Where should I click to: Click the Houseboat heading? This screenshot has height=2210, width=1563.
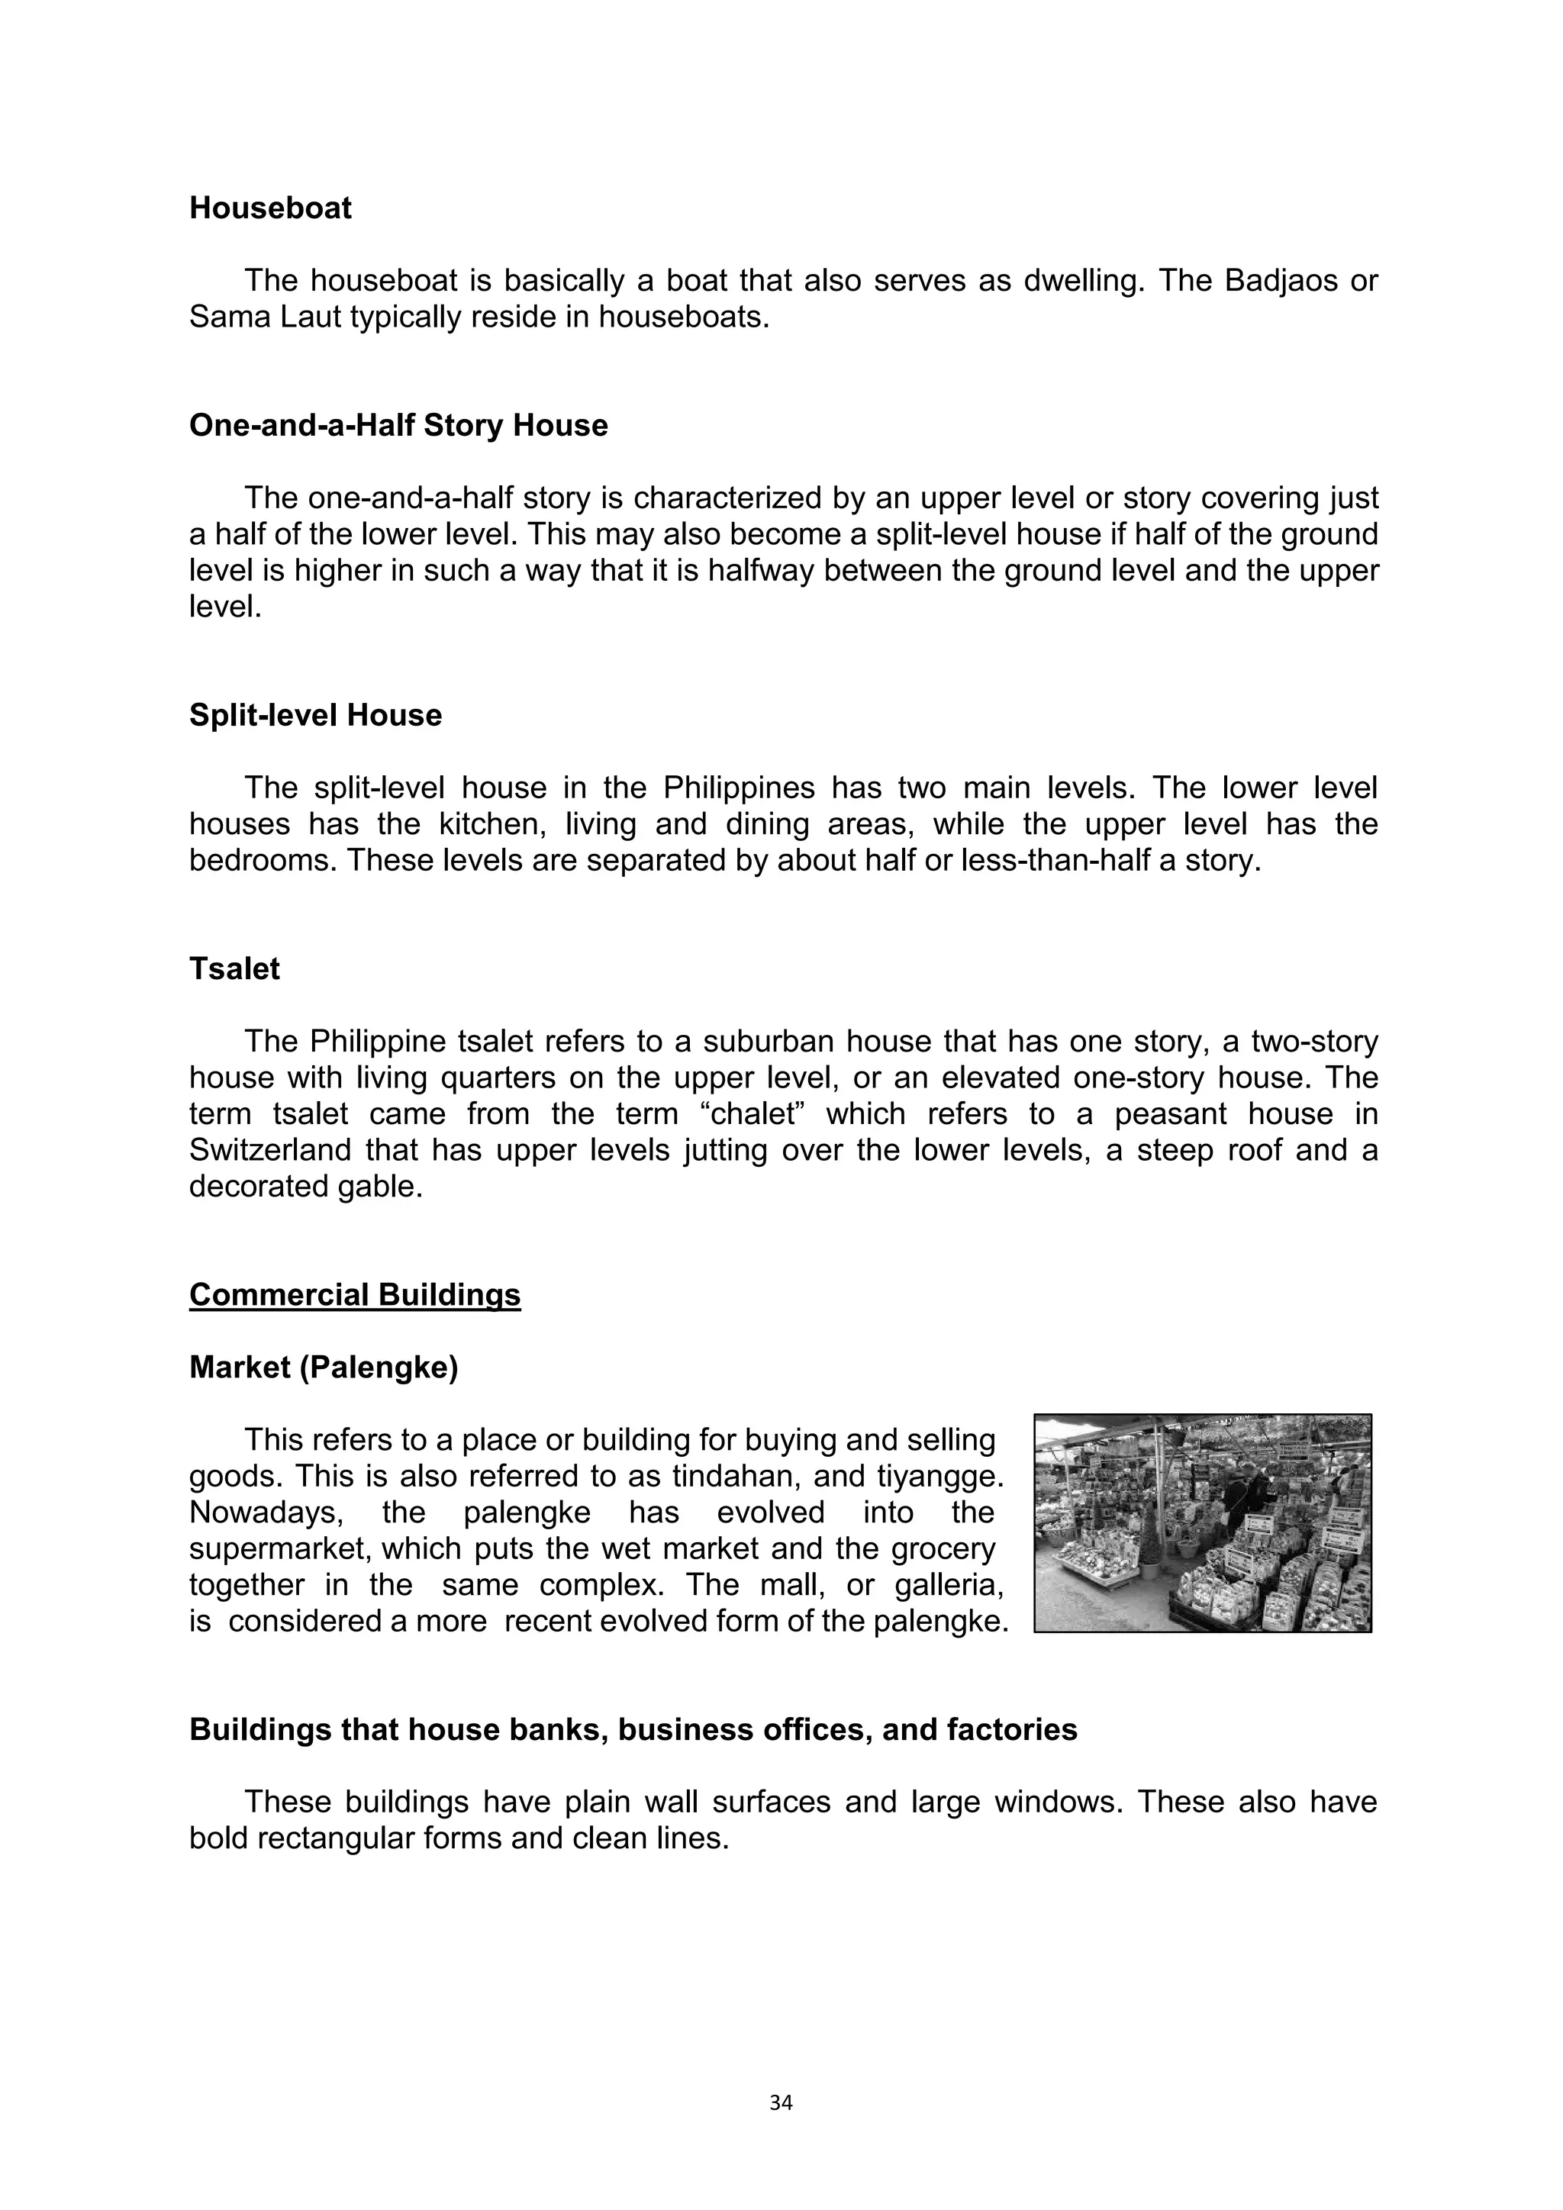point(270,208)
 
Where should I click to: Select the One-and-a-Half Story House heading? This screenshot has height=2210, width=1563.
point(398,426)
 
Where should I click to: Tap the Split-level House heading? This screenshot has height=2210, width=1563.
point(316,715)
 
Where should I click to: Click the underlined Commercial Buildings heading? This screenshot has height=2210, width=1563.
point(355,1294)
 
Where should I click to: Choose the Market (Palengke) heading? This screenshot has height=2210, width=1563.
point(324,1367)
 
